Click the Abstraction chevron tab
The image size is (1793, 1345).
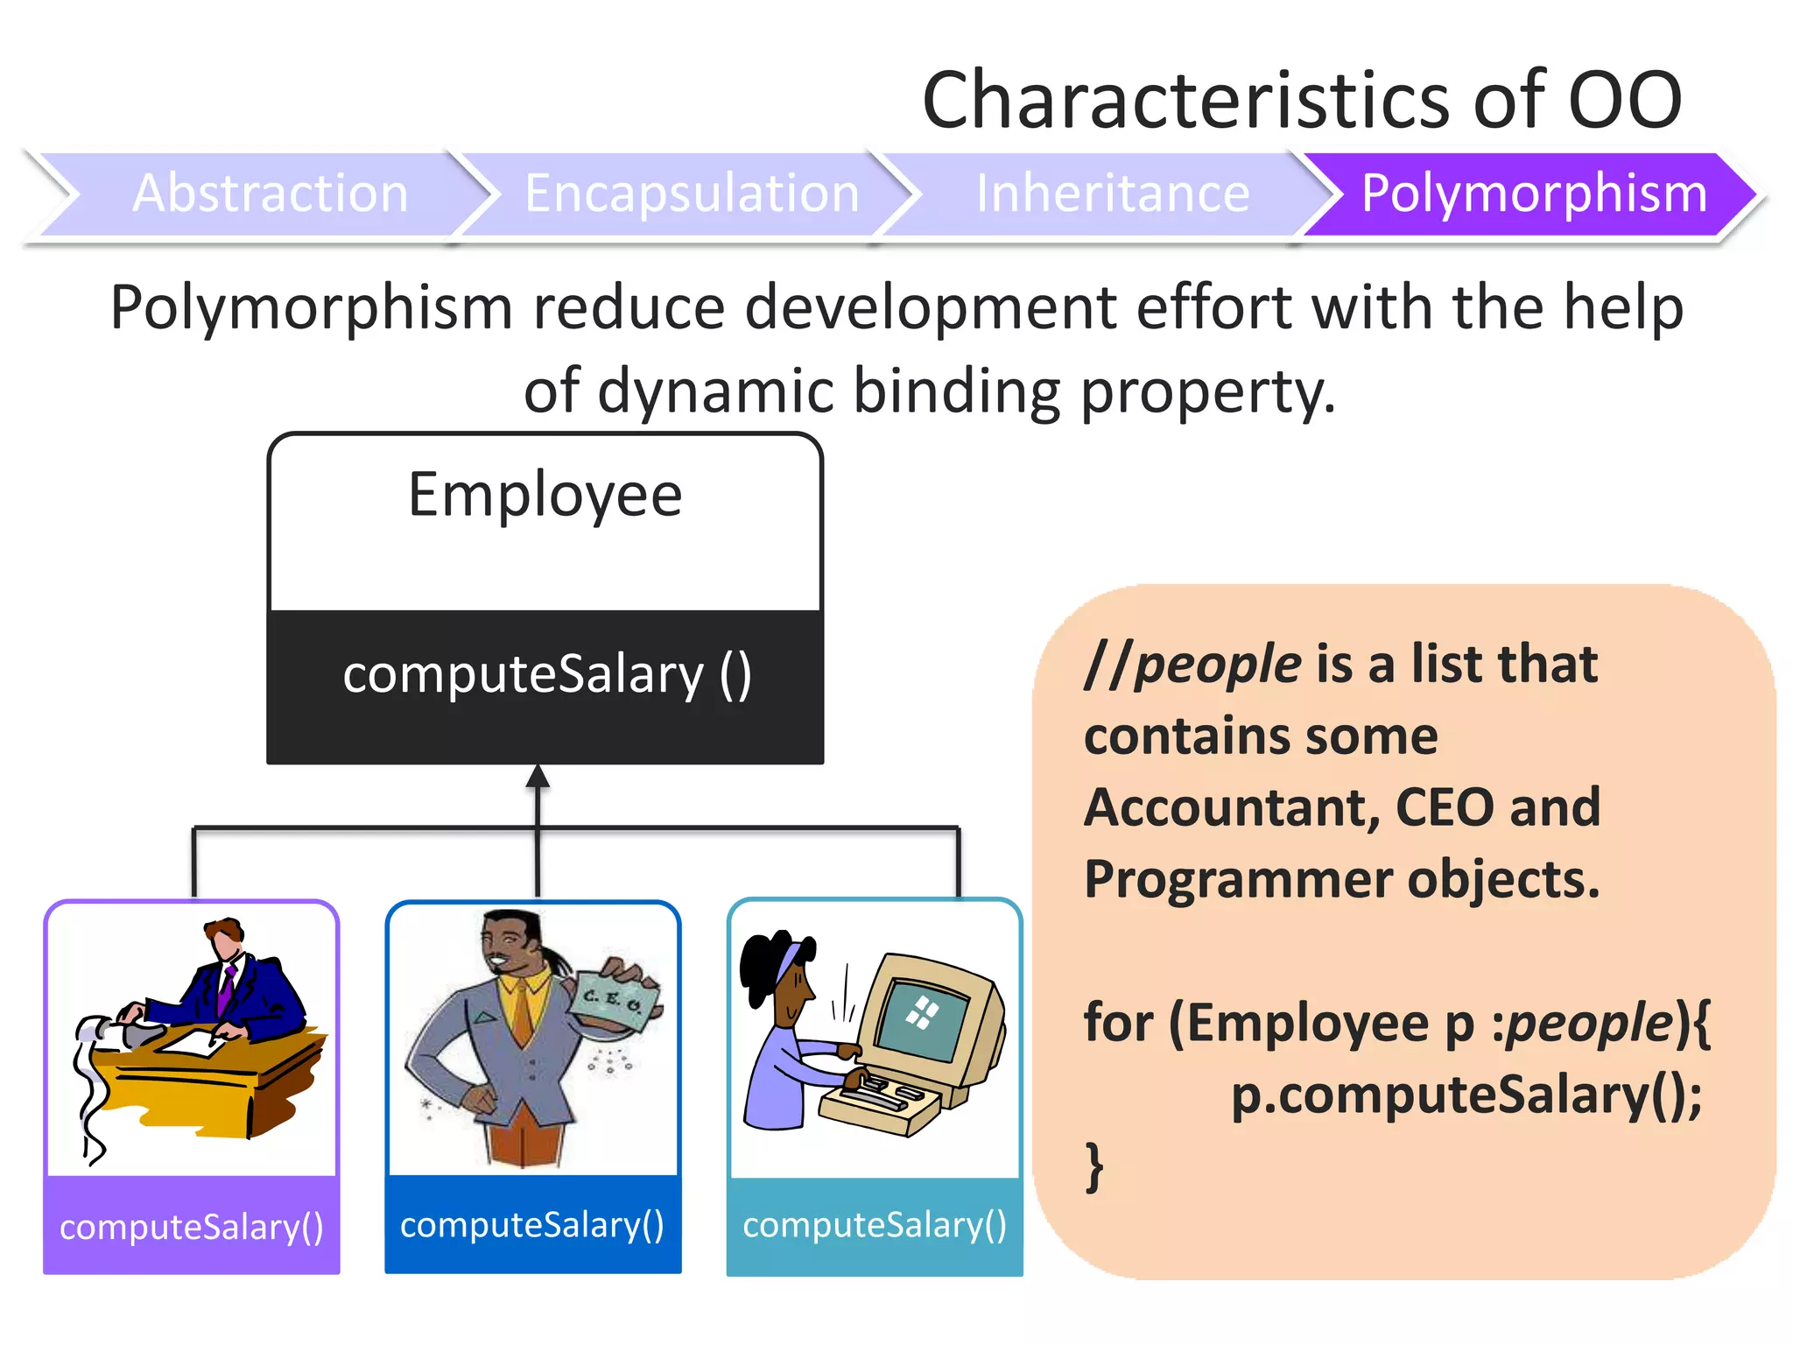click(270, 194)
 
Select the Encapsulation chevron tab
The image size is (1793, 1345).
click(692, 194)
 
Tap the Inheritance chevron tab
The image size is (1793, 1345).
click(1112, 194)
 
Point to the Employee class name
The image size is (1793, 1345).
click(545, 496)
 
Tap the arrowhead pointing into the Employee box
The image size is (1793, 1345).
click(538, 776)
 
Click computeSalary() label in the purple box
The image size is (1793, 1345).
click(191, 1227)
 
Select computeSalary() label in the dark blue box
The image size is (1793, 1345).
click(532, 1224)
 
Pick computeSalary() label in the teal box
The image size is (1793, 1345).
click(874, 1224)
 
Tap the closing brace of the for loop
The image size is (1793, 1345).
click(1093, 1166)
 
